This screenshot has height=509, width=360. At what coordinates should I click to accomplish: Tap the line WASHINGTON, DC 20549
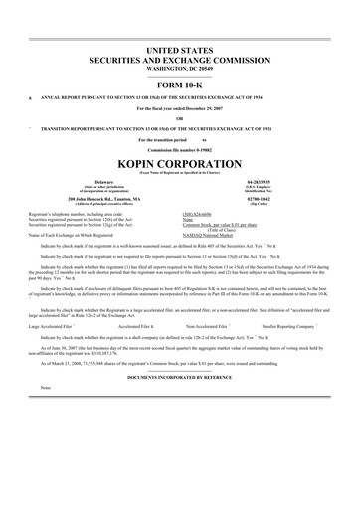180,66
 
